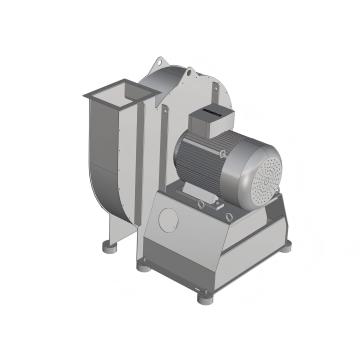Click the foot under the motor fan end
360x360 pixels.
click(x=287, y=244)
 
